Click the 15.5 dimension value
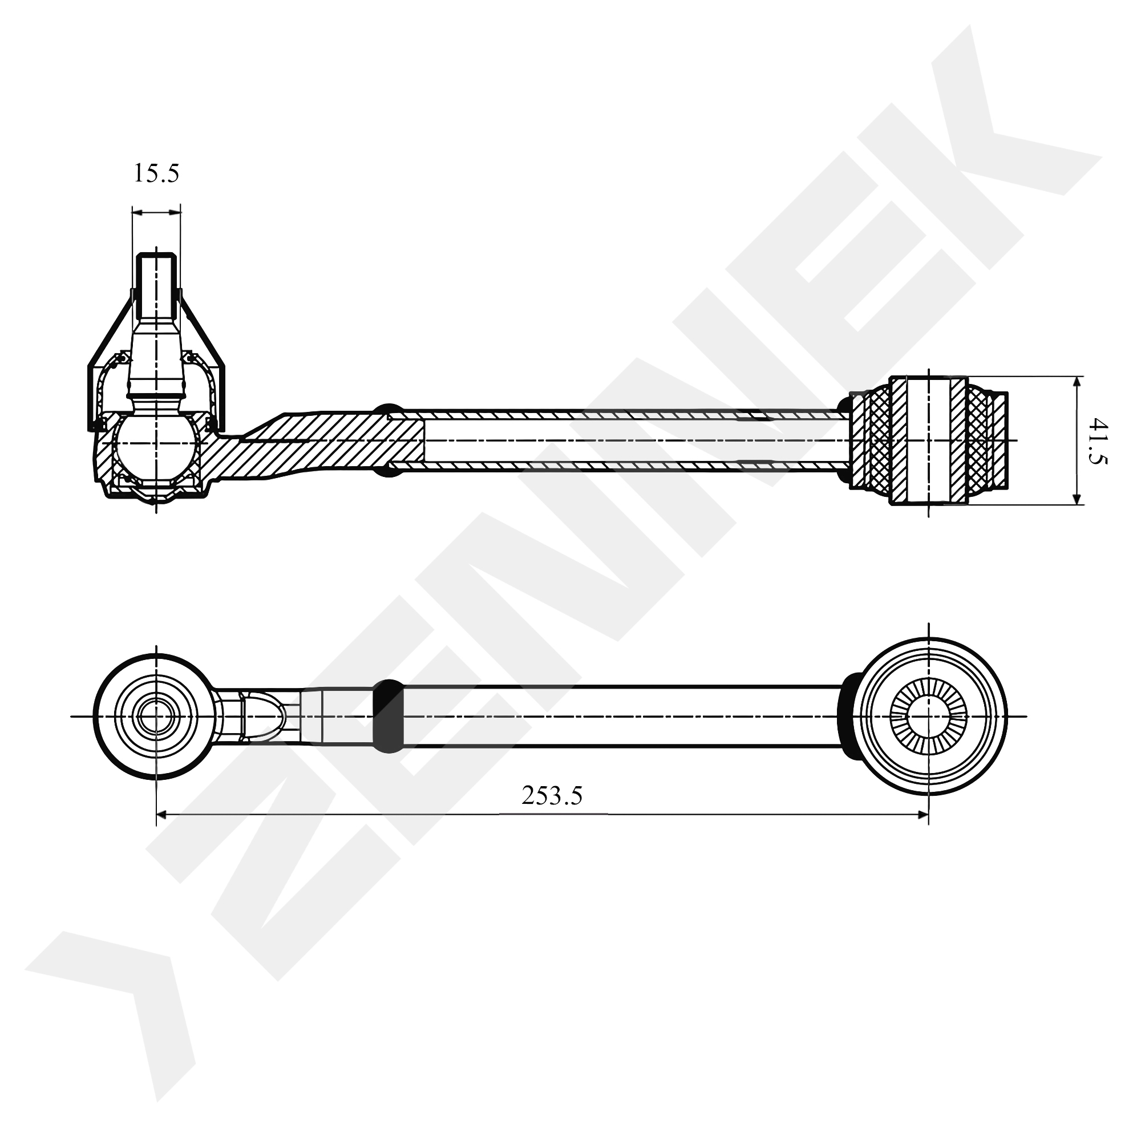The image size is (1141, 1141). [x=156, y=173]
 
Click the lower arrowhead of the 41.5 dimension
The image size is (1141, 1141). [x=1078, y=498]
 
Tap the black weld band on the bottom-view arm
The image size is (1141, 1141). [x=388, y=717]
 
